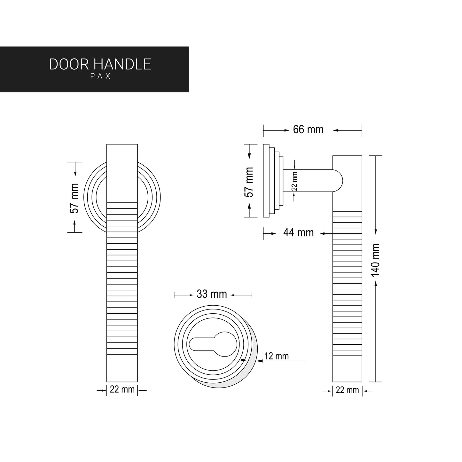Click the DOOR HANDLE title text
(x=100, y=64)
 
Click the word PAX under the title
(x=100, y=76)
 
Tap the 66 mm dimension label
(x=308, y=130)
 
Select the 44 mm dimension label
(x=298, y=233)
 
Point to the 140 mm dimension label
(x=376, y=260)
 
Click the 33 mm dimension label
(x=211, y=294)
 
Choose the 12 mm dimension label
(x=276, y=356)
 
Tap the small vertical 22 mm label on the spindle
(x=294, y=181)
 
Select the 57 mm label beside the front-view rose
(x=74, y=198)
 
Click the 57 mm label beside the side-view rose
(x=249, y=182)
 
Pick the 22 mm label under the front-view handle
(x=122, y=389)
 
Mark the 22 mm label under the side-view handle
(x=347, y=390)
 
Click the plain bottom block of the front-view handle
(x=122, y=368)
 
